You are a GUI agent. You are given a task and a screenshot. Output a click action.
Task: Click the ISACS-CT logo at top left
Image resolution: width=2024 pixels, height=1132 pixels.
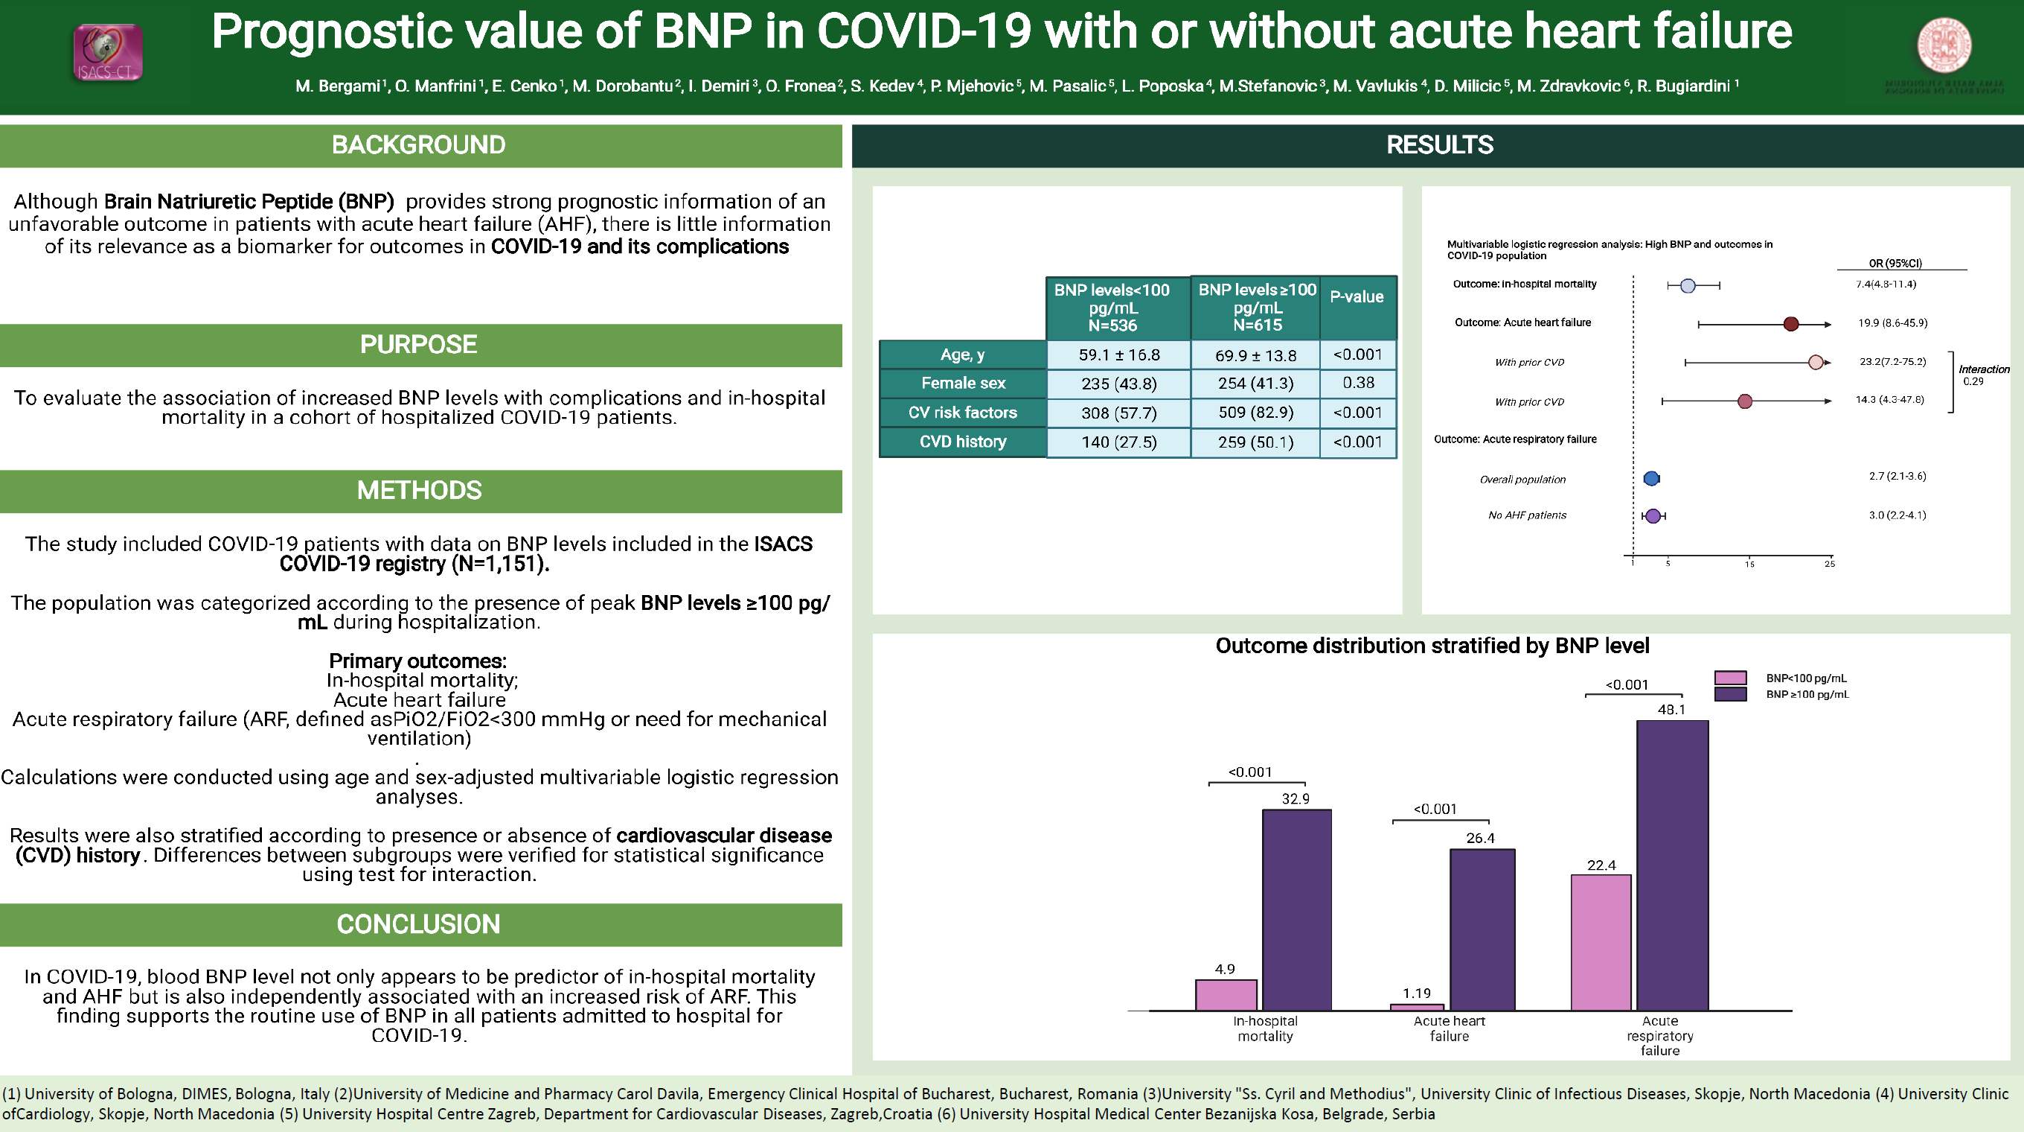(108, 53)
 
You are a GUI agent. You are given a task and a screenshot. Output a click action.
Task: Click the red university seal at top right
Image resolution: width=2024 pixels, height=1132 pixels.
(1944, 45)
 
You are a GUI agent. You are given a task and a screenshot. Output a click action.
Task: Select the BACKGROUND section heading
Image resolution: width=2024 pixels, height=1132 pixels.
(418, 145)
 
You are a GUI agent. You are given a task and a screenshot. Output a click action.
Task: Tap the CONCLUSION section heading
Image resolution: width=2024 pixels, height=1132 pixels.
(418, 924)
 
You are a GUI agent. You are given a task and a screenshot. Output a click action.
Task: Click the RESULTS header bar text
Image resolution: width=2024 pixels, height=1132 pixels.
(1439, 145)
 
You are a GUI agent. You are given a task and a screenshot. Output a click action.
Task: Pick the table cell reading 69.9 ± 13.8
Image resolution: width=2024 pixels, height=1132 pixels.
(1255, 355)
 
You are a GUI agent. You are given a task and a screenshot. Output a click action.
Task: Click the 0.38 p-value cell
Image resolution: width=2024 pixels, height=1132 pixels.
(1358, 383)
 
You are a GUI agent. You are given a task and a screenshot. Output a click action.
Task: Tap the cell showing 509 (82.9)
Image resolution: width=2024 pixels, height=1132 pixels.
(1255, 413)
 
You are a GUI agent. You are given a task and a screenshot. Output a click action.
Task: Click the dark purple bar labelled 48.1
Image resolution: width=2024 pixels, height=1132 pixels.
(1672, 865)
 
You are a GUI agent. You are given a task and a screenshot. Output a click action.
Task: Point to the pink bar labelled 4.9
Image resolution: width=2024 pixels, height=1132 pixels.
(1226, 994)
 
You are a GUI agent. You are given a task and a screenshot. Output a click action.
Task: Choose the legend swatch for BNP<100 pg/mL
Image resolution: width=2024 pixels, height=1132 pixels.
(1730, 678)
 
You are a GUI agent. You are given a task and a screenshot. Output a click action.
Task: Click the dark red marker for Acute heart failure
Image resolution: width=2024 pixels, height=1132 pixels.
(1790, 324)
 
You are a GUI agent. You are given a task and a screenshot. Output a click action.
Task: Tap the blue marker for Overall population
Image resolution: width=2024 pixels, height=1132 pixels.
(1650, 478)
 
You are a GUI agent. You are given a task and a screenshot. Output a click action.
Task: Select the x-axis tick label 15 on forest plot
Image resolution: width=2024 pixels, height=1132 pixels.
(1749, 565)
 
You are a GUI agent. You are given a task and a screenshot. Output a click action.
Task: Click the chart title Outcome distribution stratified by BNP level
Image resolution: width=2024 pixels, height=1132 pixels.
(1432, 646)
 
